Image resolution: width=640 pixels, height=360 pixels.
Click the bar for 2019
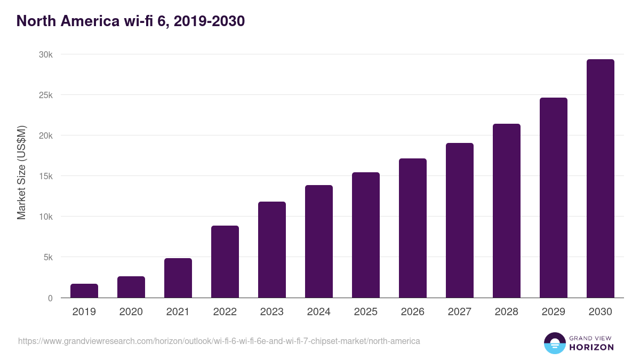click(x=84, y=291)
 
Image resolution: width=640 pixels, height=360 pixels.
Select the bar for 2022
click(x=225, y=261)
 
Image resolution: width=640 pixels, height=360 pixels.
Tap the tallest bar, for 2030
click(x=601, y=179)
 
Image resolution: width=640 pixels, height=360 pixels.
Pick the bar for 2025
click(x=366, y=235)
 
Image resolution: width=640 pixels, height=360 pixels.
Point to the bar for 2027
click(x=460, y=220)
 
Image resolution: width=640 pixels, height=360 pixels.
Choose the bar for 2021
click(x=178, y=278)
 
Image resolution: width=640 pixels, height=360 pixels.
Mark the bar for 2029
click(x=554, y=197)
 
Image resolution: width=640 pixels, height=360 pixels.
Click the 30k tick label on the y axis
click(x=45, y=55)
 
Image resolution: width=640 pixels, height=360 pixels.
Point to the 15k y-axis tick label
click(x=45, y=177)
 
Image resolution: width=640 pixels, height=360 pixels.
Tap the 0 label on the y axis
click(x=50, y=298)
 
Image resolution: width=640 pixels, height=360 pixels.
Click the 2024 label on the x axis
click(x=319, y=312)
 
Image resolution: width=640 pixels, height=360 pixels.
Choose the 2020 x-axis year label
click(x=131, y=312)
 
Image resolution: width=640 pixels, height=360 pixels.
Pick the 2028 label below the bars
click(x=507, y=312)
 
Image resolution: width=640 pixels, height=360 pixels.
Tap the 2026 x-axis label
click(x=413, y=312)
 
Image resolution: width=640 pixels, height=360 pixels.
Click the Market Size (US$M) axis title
click(x=21, y=172)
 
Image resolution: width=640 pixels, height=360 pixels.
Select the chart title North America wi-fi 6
click(x=131, y=21)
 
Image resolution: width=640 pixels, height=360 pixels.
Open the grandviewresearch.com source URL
click(x=219, y=341)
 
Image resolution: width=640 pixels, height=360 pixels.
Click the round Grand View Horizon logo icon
click(x=554, y=343)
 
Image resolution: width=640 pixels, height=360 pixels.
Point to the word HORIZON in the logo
click(x=591, y=347)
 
